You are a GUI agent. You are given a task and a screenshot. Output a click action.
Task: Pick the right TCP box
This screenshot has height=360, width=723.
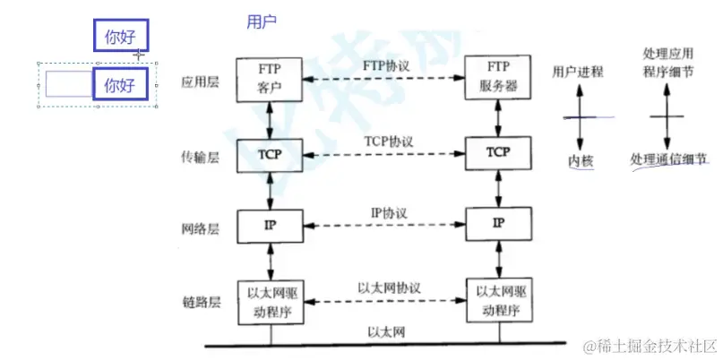coord(498,153)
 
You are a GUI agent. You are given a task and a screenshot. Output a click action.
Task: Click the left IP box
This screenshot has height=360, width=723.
coord(270,225)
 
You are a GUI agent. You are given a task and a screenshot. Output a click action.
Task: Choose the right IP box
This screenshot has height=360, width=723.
coord(498,222)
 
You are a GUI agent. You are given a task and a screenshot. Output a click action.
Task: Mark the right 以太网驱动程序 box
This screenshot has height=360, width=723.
coord(499,300)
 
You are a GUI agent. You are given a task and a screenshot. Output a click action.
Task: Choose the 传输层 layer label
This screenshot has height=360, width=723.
coord(200,158)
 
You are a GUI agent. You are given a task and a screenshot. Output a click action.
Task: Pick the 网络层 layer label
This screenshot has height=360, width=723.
coord(200,229)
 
